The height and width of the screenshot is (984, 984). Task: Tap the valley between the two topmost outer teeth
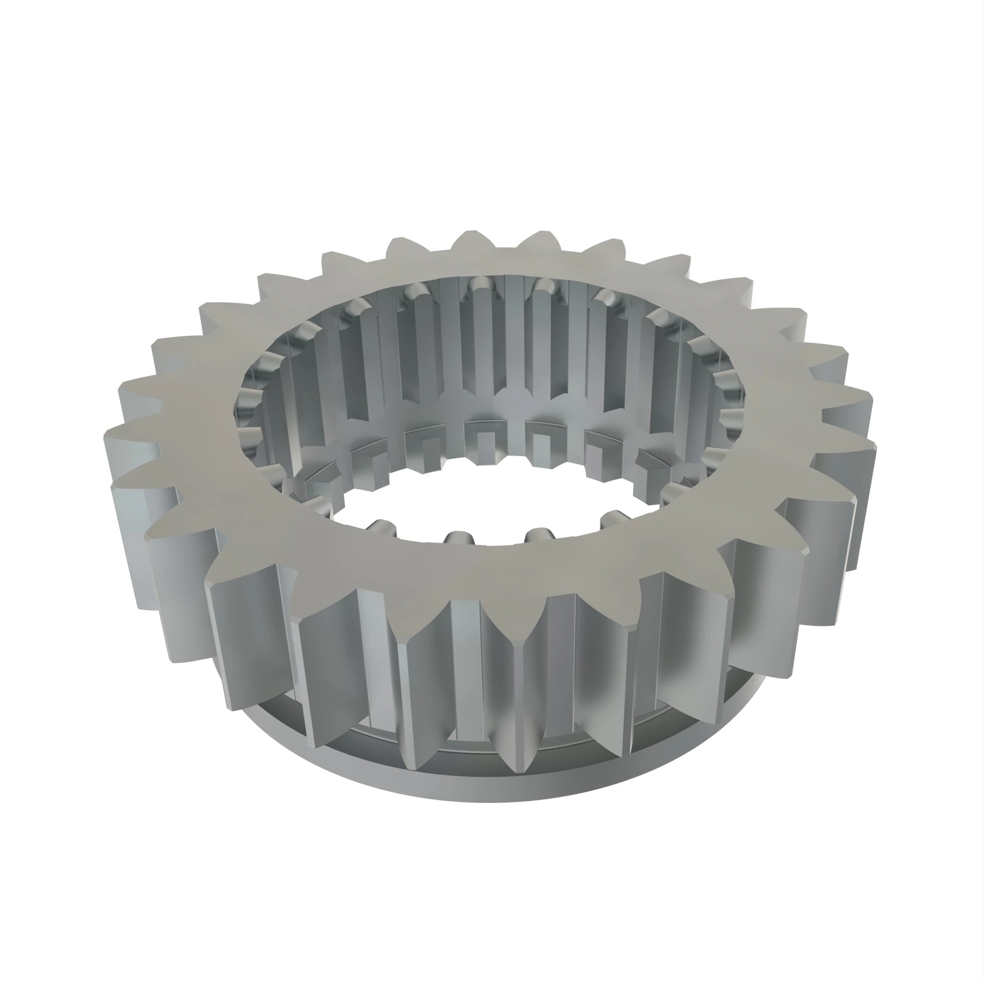(x=505, y=249)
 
